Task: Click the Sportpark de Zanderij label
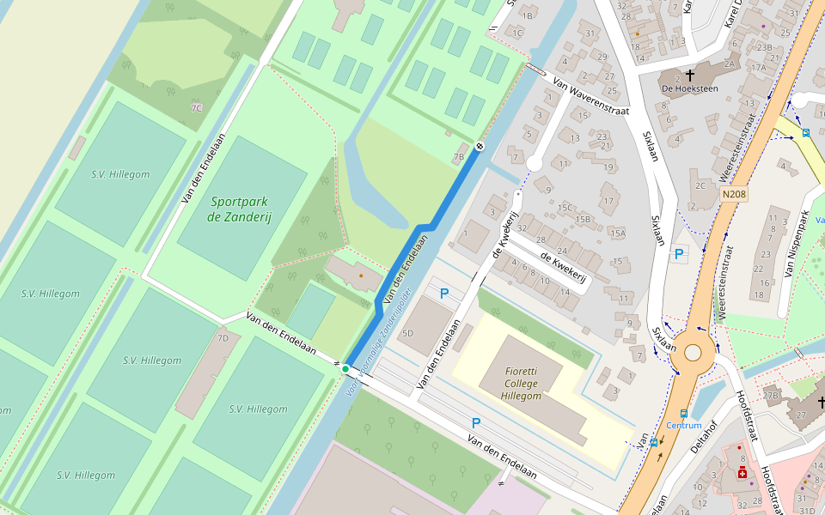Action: pyautogui.click(x=239, y=209)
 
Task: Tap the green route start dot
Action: pyautogui.click(x=345, y=369)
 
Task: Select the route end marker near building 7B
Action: pyautogui.click(x=480, y=146)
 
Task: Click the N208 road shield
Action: pyautogui.click(x=733, y=195)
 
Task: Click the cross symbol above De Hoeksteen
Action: pyautogui.click(x=690, y=75)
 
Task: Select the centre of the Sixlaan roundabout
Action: pyautogui.click(x=693, y=352)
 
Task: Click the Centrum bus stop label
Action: pyautogui.click(x=684, y=426)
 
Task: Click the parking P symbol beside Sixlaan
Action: pyautogui.click(x=679, y=254)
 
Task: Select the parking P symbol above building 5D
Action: pyautogui.click(x=444, y=294)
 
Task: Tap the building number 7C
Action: pyautogui.click(x=197, y=108)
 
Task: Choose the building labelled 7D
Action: pyautogui.click(x=223, y=337)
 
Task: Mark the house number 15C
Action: pyautogui.click(x=565, y=207)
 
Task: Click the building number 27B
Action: pyautogui.click(x=771, y=395)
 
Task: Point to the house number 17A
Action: pyautogui.click(x=757, y=68)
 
